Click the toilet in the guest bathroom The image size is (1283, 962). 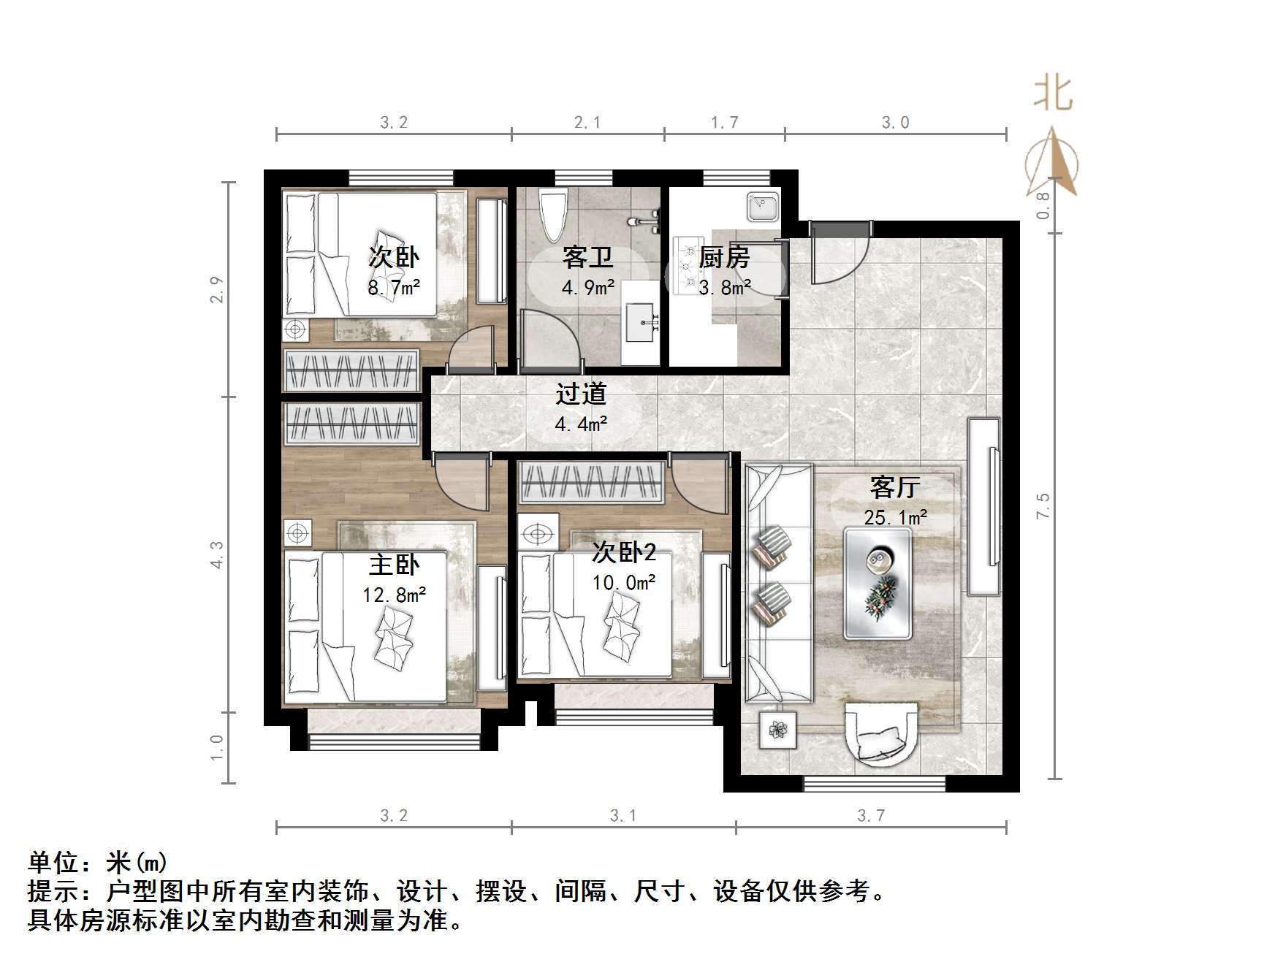pyautogui.click(x=552, y=213)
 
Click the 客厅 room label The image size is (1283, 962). pyautogui.click(x=894, y=487)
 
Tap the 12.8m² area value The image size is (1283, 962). pyautogui.click(x=395, y=595)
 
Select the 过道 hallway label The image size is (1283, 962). pyautogui.click(x=582, y=394)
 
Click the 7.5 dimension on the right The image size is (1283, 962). pyautogui.click(x=1043, y=506)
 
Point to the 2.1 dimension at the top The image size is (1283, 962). pyautogui.click(x=587, y=123)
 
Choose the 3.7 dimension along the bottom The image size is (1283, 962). pyautogui.click(x=871, y=816)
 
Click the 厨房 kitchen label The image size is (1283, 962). pyautogui.click(x=724, y=257)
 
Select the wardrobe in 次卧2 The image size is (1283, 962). pyautogui.click(x=590, y=483)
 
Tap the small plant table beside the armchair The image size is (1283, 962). pyautogui.click(x=777, y=729)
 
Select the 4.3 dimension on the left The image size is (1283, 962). pyautogui.click(x=218, y=554)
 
